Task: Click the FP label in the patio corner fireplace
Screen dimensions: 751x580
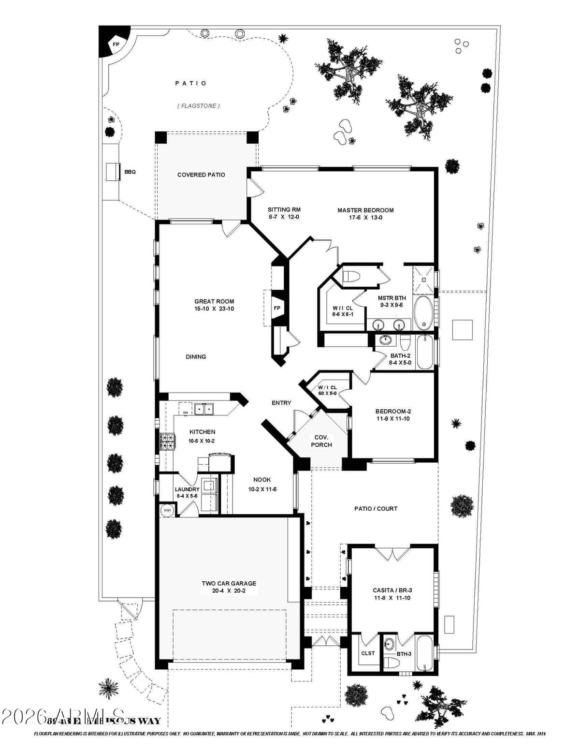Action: [116, 44]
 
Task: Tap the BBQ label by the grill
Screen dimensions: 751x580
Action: [130, 172]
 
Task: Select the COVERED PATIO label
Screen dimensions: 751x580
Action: [201, 175]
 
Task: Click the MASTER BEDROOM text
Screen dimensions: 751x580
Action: [365, 210]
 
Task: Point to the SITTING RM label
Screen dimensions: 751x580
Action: [284, 209]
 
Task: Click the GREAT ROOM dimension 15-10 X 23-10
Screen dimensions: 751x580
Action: [214, 309]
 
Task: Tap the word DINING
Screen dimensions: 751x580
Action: [196, 356]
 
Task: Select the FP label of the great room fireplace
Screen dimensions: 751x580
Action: [277, 308]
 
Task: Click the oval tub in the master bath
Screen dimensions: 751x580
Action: [424, 312]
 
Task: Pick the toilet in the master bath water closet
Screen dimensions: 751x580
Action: [351, 277]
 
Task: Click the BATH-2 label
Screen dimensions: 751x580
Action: [400, 355]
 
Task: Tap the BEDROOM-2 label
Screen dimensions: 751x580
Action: [393, 412]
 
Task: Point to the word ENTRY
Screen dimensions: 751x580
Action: [281, 402]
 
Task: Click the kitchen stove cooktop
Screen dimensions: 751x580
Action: [167, 442]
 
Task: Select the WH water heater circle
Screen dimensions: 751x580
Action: [167, 510]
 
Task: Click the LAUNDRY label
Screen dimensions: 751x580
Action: [187, 489]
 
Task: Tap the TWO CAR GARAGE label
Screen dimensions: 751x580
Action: [229, 583]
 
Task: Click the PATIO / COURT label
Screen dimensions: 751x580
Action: [376, 508]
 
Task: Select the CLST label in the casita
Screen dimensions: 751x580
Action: [368, 653]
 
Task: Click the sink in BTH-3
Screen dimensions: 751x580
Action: [390, 644]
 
